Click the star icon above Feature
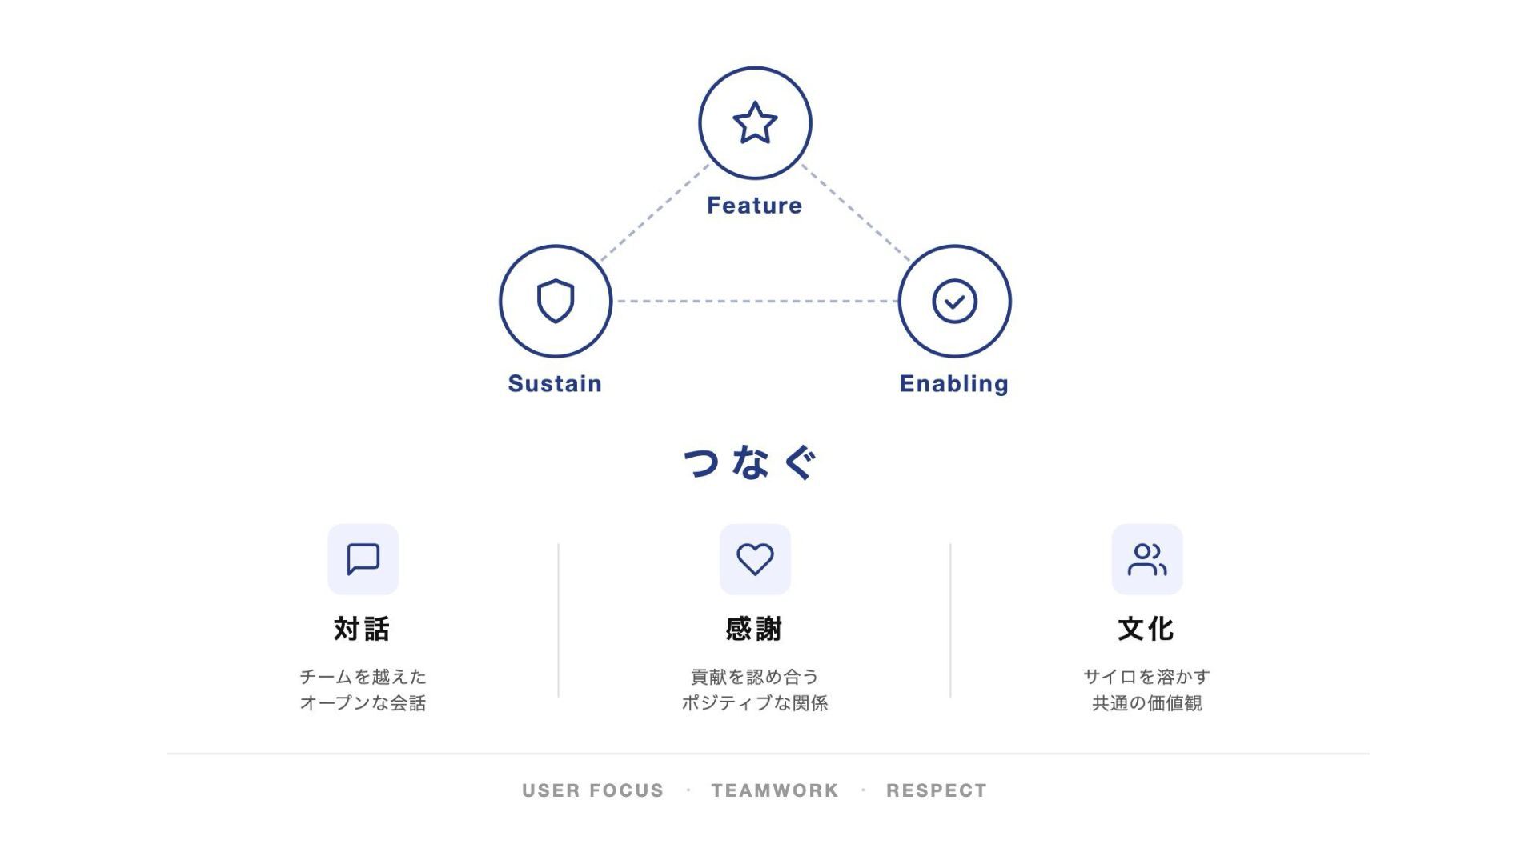pyautogui.click(x=755, y=123)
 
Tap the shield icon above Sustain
pyautogui.click(x=556, y=301)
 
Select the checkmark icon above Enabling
pyautogui.click(x=954, y=301)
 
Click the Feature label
pyautogui.click(x=754, y=206)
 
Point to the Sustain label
pyautogui.click(x=555, y=383)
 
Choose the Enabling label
pyautogui.click(x=953, y=384)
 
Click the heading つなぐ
pyautogui.click(x=751, y=462)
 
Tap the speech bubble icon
pyautogui.click(x=363, y=559)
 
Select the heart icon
pyautogui.click(x=755, y=559)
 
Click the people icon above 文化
pyautogui.click(x=1146, y=559)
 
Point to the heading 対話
pyautogui.click(x=362, y=629)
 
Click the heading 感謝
pyautogui.click(x=754, y=629)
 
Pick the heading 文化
pyautogui.click(x=1146, y=629)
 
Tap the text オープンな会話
pyautogui.click(x=363, y=703)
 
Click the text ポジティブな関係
pyautogui.click(x=754, y=703)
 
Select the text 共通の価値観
pyautogui.click(x=1146, y=703)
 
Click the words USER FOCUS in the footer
pyautogui.click(x=592, y=790)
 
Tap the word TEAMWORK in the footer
pyautogui.click(x=775, y=790)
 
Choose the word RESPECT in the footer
pyautogui.click(x=937, y=790)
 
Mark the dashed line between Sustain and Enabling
pyautogui.click(x=755, y=302)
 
